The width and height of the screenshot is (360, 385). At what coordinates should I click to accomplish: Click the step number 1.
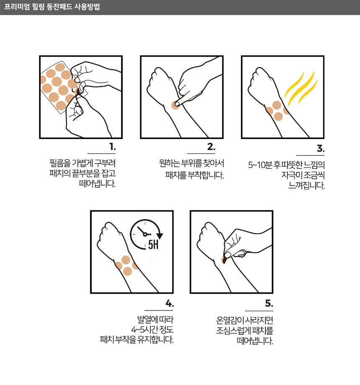click(x=113, y=147)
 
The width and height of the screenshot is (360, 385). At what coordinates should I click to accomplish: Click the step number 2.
click(x=211, y=147)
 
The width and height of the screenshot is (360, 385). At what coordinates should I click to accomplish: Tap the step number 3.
click(x=321, y=148)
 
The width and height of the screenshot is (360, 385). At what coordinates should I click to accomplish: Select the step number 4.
click(x=170, y=303)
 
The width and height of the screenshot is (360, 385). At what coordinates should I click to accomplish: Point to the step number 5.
click(x=269, y=303)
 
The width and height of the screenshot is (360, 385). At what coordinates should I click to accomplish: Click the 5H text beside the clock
click(x=153, y=245)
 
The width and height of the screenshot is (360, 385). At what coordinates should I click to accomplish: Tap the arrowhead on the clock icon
click(x=160, y=236)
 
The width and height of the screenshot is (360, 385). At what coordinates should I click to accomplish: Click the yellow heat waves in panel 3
click(x=301, y=88)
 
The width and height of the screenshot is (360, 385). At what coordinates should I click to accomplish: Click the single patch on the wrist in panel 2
click(x=176, y=105)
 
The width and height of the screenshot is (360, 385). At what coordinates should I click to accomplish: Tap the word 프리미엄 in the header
click(x=17, y=7)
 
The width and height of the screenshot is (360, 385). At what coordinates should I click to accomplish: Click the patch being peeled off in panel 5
click(x=224, y=260)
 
